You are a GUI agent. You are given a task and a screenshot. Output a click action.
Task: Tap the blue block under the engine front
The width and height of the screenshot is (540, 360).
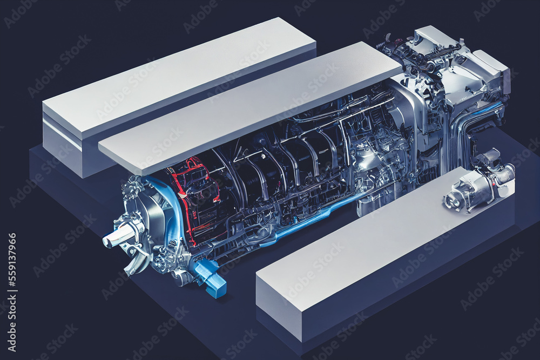(x=211, y=279)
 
